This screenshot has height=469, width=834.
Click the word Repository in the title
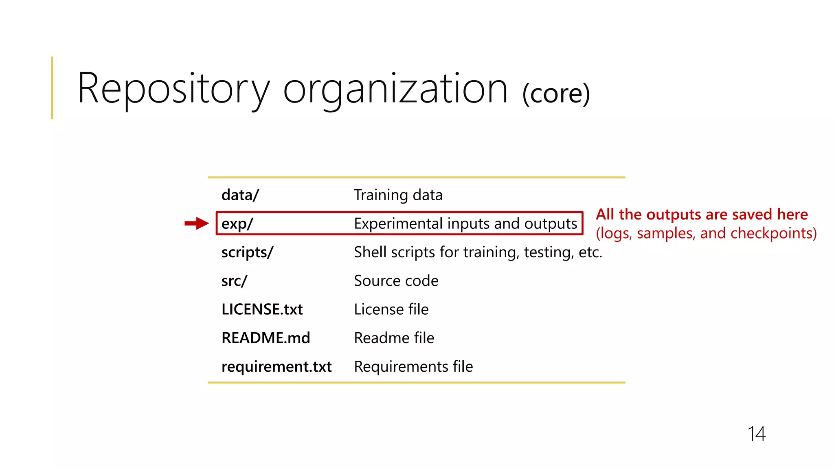coord(173,89)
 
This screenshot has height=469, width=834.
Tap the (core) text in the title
coord(556,94)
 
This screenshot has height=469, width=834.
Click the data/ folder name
coord(240,195)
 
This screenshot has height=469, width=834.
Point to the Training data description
coord(398,195)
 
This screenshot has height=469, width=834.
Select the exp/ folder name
coord(237,224)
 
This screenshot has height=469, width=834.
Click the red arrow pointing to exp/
coord(197,223)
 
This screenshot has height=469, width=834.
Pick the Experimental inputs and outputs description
coord(465,224)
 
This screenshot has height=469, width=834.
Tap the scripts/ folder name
coord(247,252)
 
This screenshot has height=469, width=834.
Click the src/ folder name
coord(234,281)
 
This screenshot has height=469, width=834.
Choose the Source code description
coord(396,281)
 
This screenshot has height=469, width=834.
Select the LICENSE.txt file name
coord(262,309)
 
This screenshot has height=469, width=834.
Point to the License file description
coord(391,309)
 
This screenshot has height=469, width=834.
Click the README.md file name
coord(266,338)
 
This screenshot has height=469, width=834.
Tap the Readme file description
coord(394,338)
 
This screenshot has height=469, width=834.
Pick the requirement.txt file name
coord(277,367)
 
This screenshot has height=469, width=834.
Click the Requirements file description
coord(413,367)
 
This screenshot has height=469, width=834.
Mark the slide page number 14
coord(756,434)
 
